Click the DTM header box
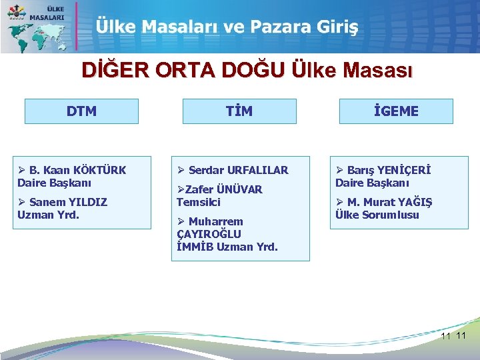coord(81,111)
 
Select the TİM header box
coord(239,111)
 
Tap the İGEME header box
coord(396,111)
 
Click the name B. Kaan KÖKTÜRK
coord(77,170)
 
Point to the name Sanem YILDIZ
coord(69,202)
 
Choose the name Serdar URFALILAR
coord(239,170)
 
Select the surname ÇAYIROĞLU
coord(209,234)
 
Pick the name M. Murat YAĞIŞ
coord(389,202)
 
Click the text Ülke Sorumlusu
coord(377,215)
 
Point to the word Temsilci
coord(198,202)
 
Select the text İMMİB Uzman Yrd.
coord(227,247)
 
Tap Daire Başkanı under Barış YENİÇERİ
coord(372,183)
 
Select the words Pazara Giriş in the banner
coord(304,27)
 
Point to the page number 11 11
coord(453,335)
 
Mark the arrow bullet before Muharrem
coord(181,221)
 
